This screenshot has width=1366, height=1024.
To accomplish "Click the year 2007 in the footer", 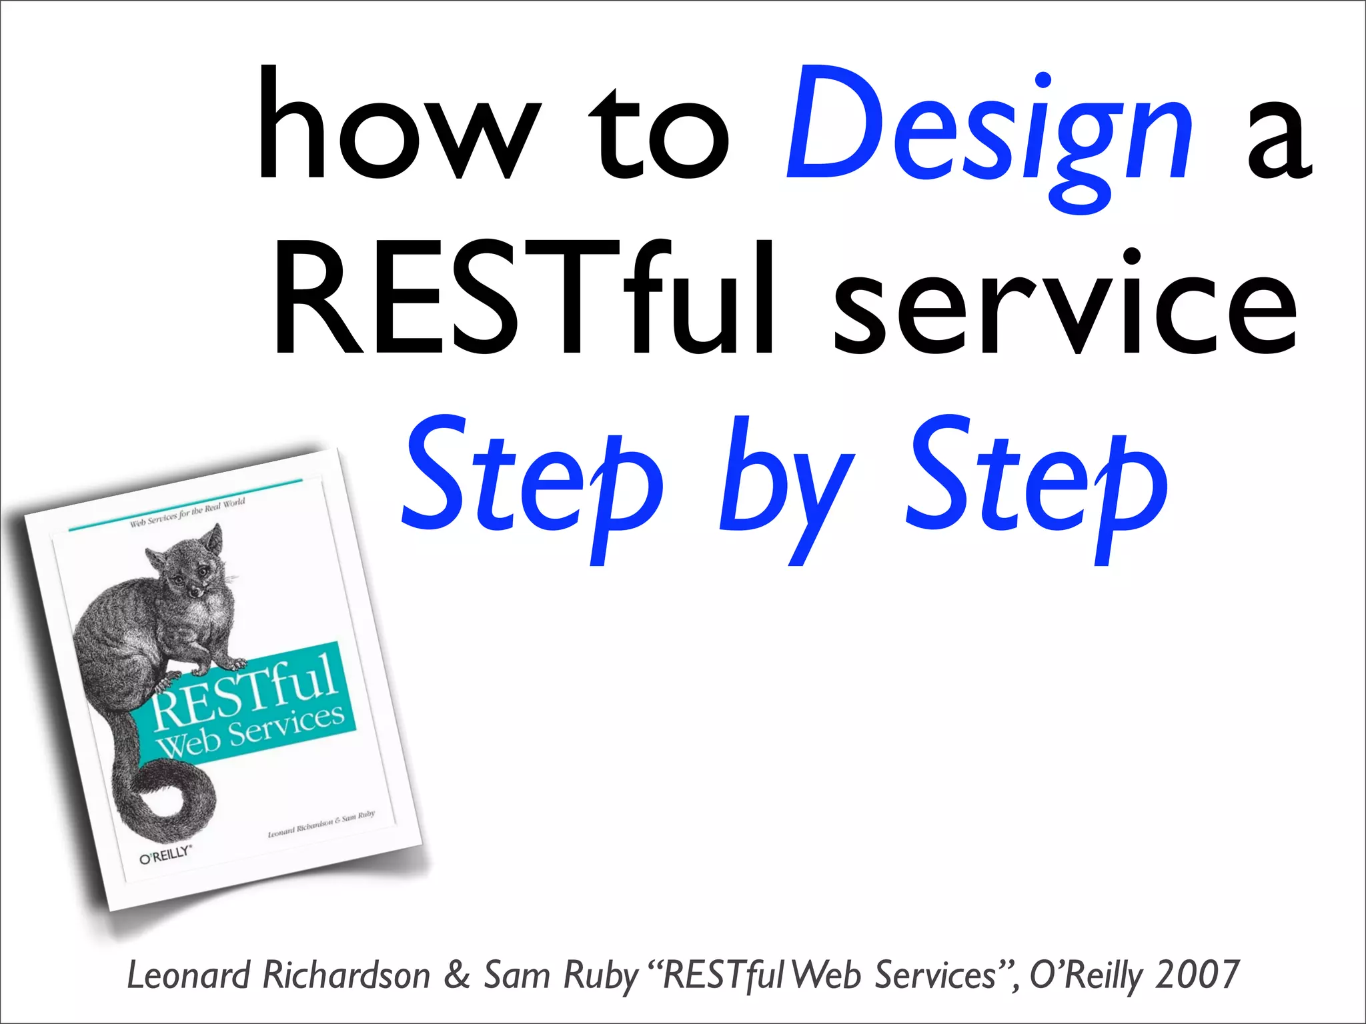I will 1197,975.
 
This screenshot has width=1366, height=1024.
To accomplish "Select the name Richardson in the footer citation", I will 346,975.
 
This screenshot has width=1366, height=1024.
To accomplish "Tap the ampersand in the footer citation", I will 456,975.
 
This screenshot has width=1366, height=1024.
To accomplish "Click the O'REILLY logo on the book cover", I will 165,854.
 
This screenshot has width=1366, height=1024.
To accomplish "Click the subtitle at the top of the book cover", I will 187,512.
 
